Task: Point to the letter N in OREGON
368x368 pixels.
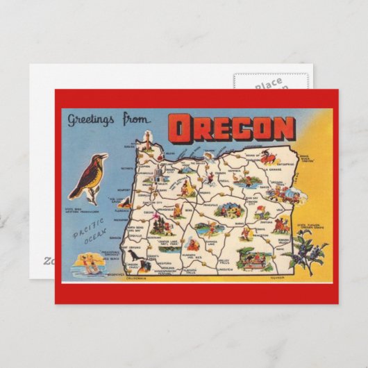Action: point(283,128)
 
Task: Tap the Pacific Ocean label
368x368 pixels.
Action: point(87,230)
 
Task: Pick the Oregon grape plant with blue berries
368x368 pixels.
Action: point(303,251)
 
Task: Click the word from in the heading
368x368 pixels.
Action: point(136,119)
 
